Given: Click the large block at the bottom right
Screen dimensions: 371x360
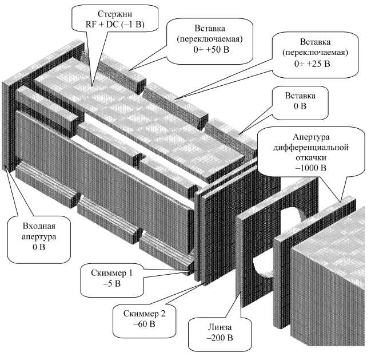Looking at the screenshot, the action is tap(332, 286).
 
